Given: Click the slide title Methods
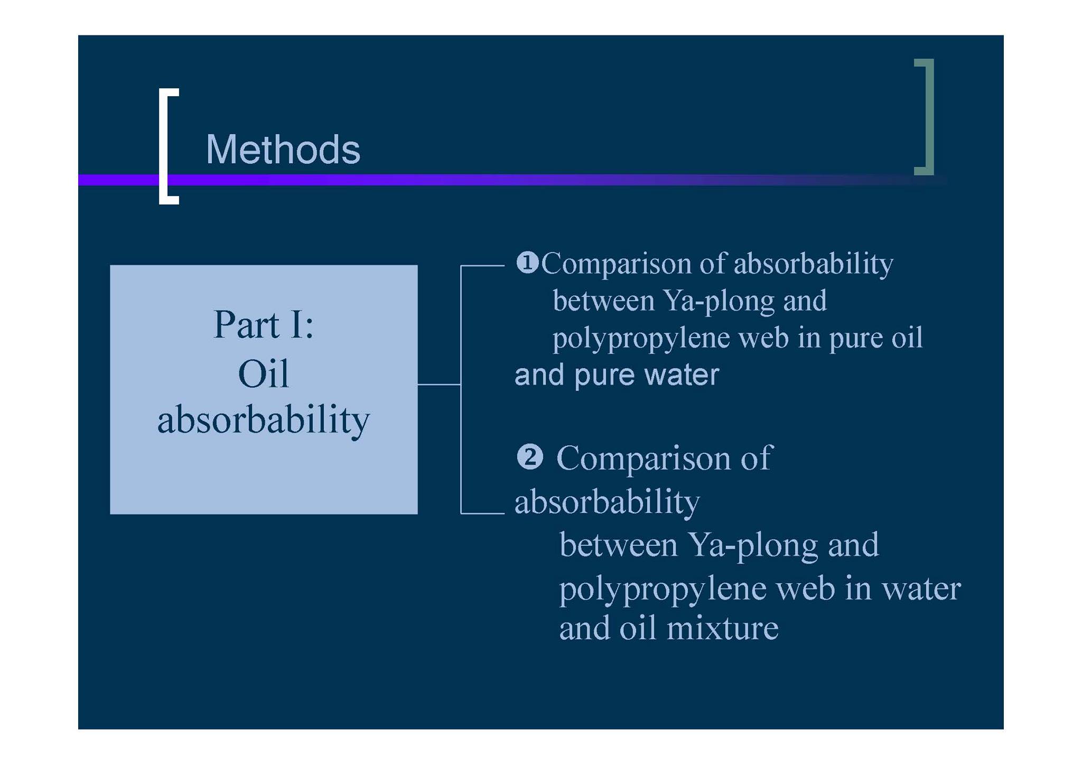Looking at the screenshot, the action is click(283, 150).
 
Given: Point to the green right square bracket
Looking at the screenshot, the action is click(930, 116).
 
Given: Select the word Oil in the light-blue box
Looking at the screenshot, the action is click(264, 374).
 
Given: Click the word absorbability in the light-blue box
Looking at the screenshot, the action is click(264, 421).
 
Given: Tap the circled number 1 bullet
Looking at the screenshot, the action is click(527, 263).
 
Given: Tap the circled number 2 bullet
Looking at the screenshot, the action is click(529, 457).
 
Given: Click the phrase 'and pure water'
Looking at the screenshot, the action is click(617, 375).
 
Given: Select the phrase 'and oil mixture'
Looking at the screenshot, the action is click(669, 628).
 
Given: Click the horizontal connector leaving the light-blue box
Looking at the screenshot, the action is click(439, 384).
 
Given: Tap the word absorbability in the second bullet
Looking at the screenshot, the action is click(607, 502).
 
